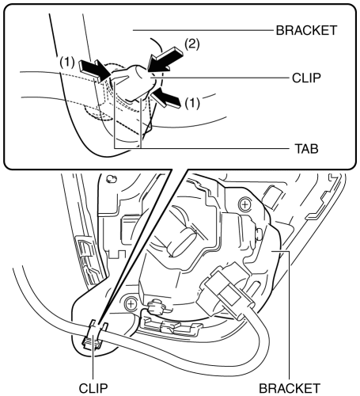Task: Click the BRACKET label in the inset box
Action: click(x=306, y=30)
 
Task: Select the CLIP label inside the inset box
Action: click(x=306, y=78)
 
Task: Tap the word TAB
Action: click(x=306, y=149)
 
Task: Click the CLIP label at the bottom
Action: click(x=93, y=388)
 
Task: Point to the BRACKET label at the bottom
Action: click(x=290, y=388)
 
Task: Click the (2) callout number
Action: click(x=192, y=44)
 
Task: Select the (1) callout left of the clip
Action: click(x=67, y=63)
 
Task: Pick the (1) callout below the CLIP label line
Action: click(x=192, y=103)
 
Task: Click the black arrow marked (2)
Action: click(x=164, y=59)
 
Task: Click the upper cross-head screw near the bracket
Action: click(x=245, y=204)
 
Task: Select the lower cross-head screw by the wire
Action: click(x=131, y=304)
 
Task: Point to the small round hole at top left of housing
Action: click(x=111, y=179)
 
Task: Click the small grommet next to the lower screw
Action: click(x=156, y=307)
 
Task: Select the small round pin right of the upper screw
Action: click(x=259, y=234)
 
